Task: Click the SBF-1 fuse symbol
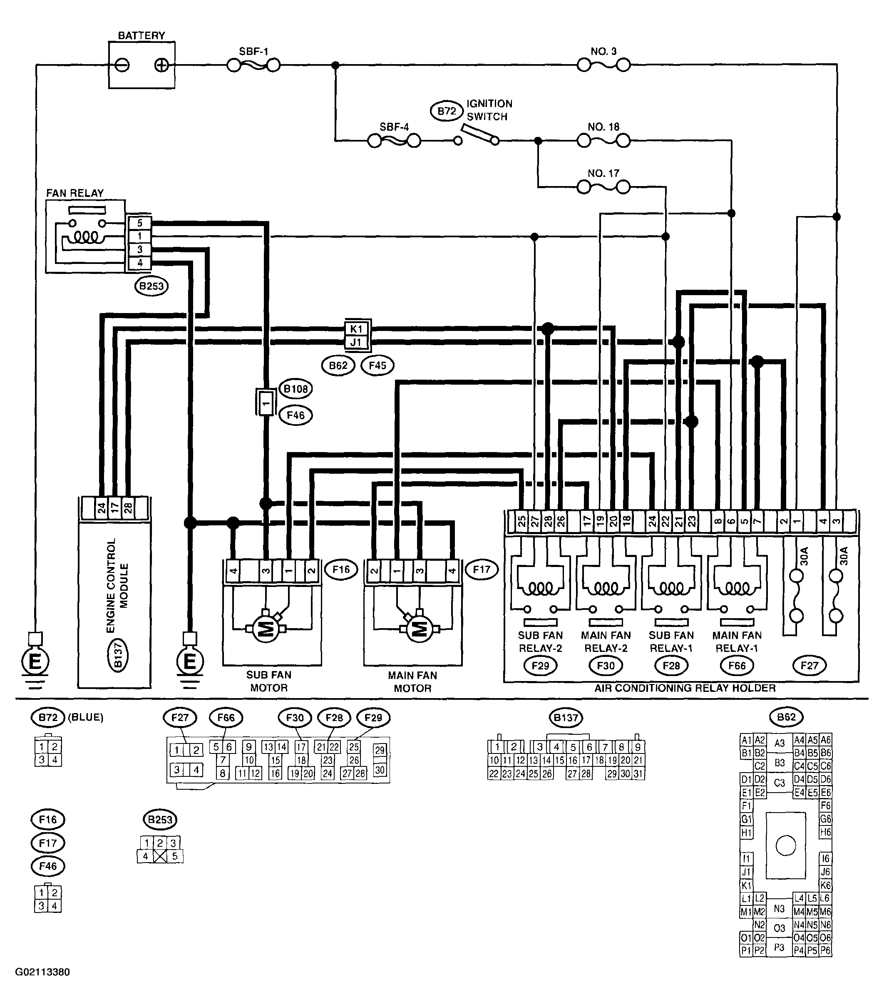(x=253, y=65)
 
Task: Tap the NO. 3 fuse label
(x=603, y=51)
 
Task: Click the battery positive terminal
(x=161, y=65)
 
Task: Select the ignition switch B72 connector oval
(x=447, y=111)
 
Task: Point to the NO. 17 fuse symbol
(x=603, y=187)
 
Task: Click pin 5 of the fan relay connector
(x=140, y=223)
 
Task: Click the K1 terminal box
(x=356, y=328)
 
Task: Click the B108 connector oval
(x=295, y=389)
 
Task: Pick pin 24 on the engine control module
(x=101, y=508)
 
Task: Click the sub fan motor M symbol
(x=266, y=629)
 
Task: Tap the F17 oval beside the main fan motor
(x=482, y=570)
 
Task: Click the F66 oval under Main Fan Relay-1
(x=737, y=666)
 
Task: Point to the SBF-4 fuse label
(x=394, y=127)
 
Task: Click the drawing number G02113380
(x=42, y=972)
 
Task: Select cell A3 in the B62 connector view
(x=779, y=743)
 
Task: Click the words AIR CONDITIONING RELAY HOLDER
(x=685, y=688)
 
